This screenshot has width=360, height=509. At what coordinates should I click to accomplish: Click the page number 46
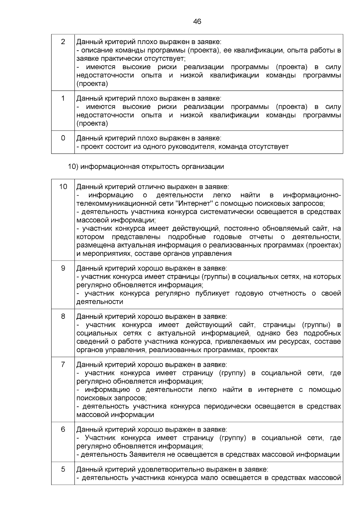point(197,22)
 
